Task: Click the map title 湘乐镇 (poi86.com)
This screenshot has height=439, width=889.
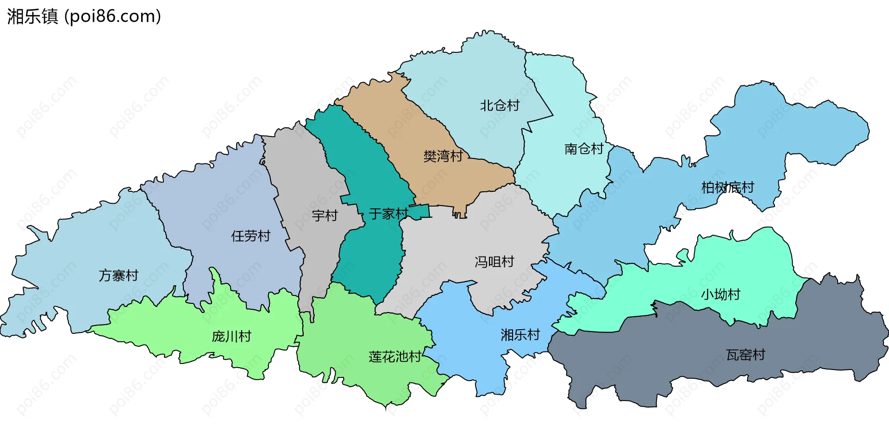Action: pos(84,16)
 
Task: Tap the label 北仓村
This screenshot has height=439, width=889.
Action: pos(500,106)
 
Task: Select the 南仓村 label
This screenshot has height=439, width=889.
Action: pos(584,149)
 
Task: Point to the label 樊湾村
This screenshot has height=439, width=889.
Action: pos(443,156)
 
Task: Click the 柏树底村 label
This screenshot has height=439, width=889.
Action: pos(727,188)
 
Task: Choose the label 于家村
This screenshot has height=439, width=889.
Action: pos(388,213)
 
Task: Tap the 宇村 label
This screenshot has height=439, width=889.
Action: pos(325,215)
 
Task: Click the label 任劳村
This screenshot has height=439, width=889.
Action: pos(250,236)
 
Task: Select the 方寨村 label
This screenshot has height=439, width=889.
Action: pos(119,276)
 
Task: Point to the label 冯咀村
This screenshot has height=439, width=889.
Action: pos(495,262)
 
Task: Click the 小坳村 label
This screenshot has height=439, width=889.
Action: pos(720,294)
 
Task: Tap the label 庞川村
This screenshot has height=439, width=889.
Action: pos(232,336)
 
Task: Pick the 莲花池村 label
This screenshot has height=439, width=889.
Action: pos(395,357)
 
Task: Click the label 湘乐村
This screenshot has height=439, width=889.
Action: pos(520,334)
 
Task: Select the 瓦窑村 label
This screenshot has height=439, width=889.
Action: pos(745,355)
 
